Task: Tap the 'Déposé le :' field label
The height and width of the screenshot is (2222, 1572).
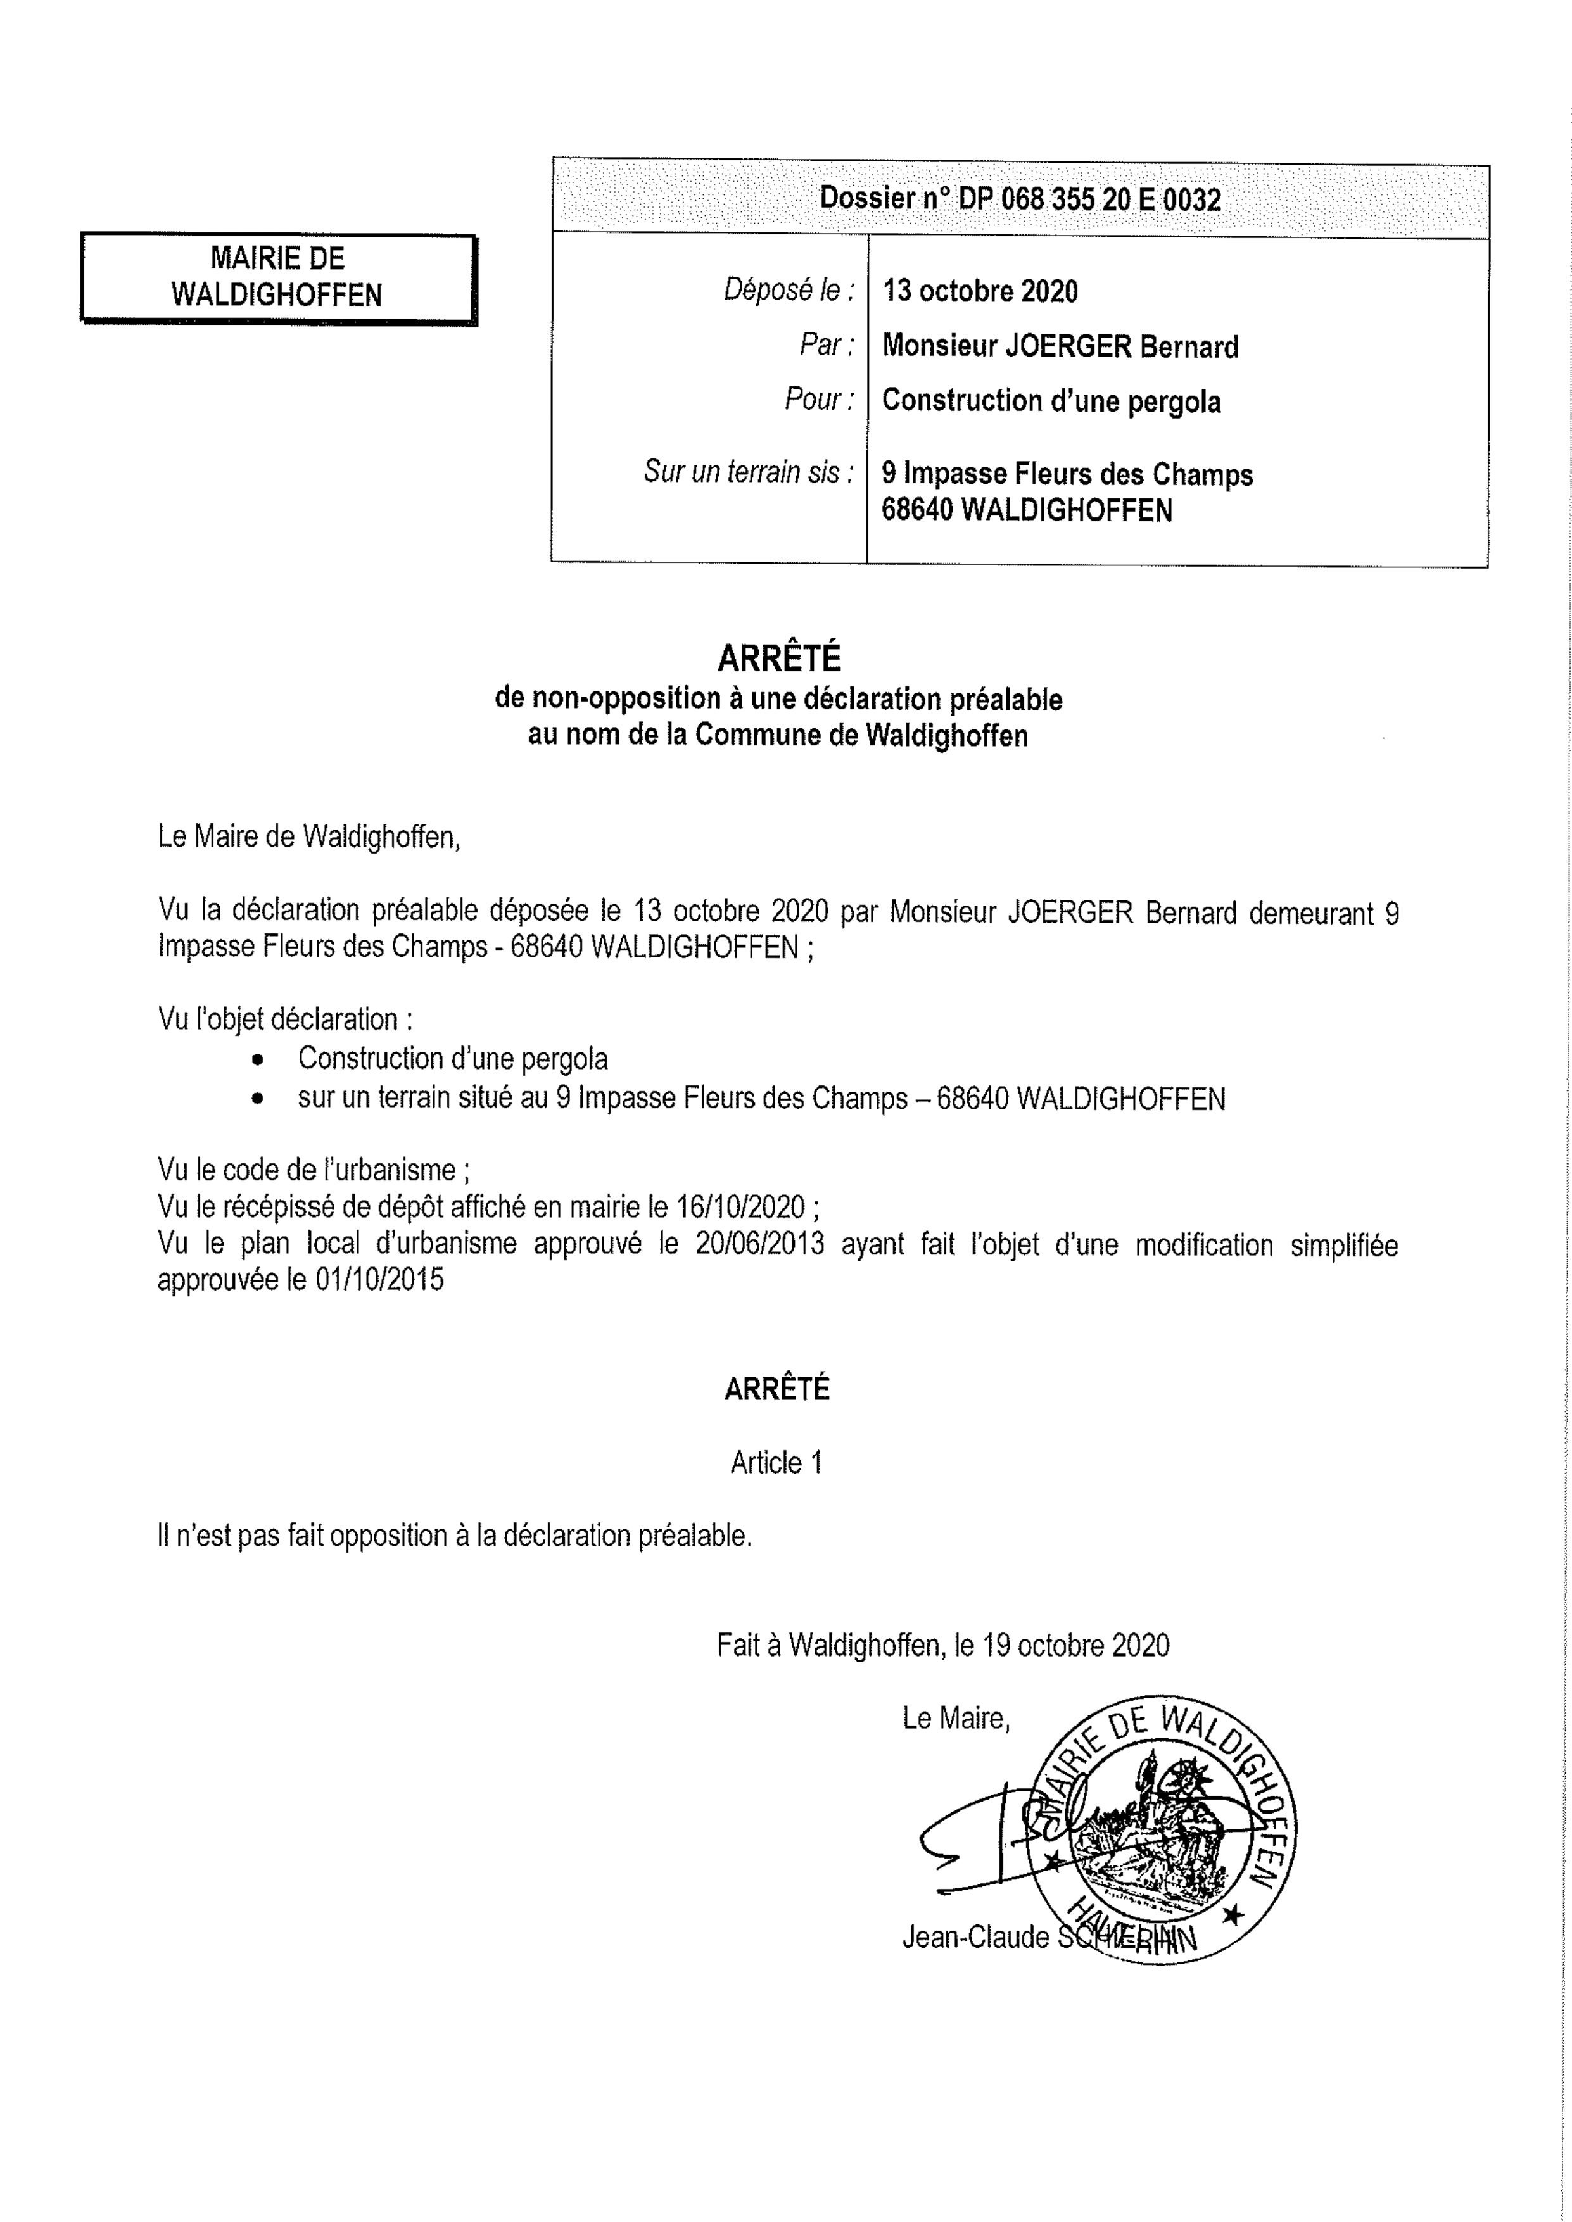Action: coord(789,290)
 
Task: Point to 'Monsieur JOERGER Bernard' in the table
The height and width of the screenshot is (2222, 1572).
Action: coord(1060,346)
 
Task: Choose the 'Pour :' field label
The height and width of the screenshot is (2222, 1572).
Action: coord(819,400)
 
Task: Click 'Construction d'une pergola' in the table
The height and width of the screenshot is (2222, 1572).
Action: coord(1051,401)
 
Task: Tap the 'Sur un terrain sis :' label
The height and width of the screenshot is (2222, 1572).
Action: coord(748,472)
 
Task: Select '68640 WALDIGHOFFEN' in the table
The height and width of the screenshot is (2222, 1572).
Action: coord(1026,510)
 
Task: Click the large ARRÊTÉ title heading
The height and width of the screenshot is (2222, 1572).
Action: coord(778,659)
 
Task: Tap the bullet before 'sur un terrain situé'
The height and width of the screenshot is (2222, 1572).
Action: coord(258,1101)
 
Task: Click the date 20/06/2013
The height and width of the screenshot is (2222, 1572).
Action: coord(759,1244)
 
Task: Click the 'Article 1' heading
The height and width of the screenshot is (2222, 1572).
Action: coord(776,1462)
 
